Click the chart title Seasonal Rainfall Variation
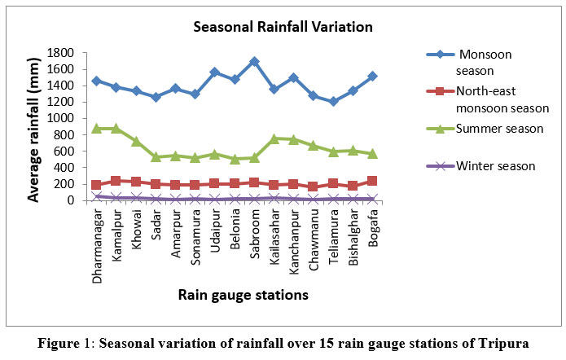(283, 28)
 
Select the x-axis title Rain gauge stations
(244, 296)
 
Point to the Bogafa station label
(373, 226)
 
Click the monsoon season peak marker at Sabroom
(254, 62)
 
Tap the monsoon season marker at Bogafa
(372, 77)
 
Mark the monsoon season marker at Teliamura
(333, 101)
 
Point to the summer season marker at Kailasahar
(274, 138)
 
